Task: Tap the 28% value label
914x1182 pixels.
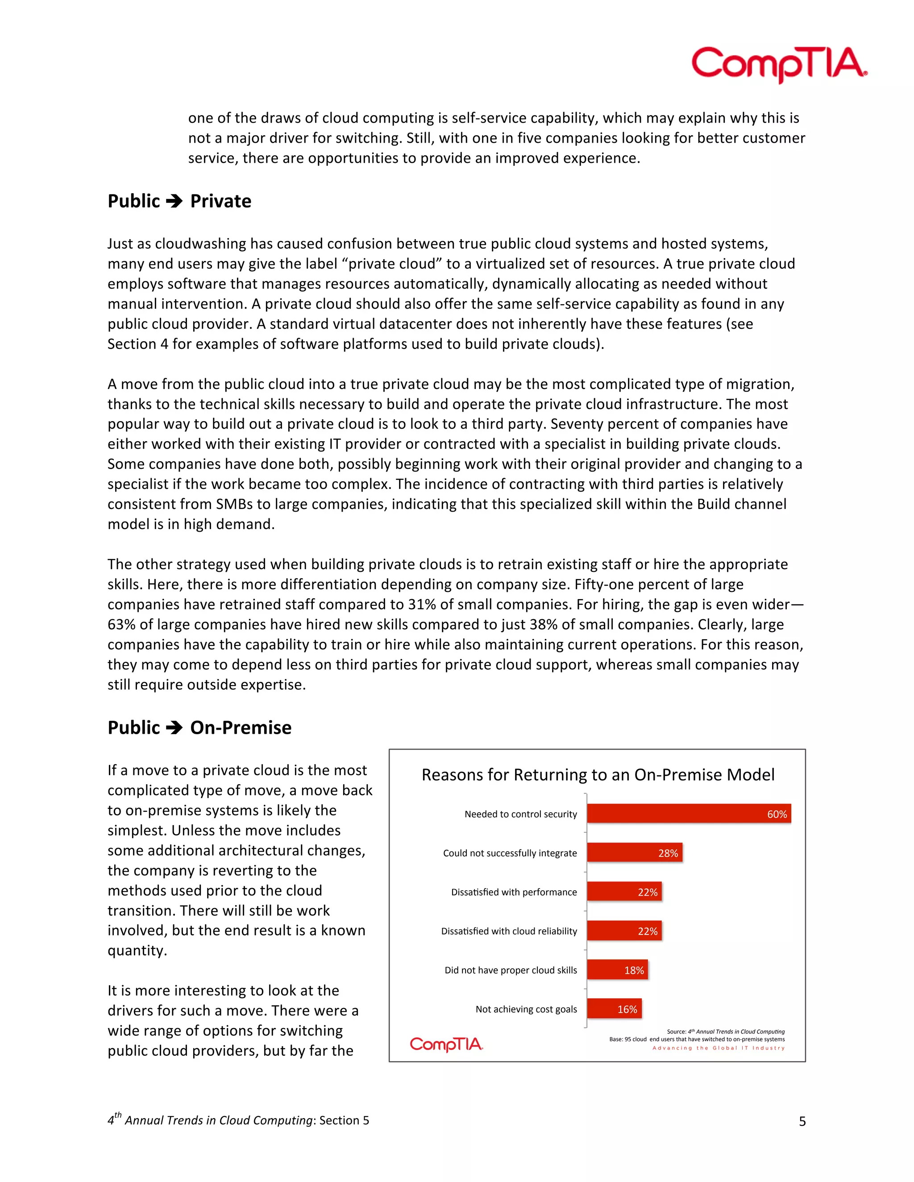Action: pos(668,853)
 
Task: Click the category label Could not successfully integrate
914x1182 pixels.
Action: pos(510,853)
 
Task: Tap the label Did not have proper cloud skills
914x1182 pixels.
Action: pos(511,970)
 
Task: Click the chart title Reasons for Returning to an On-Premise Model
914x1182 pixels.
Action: pos(598,774)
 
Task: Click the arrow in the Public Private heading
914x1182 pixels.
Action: pos(174,201)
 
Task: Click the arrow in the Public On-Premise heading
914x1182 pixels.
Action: pos(174,727)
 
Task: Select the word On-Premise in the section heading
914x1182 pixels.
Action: pos(241,727)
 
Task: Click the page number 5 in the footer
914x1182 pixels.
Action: pos(802,1121)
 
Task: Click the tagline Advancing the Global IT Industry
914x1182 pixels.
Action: pos(718,1048)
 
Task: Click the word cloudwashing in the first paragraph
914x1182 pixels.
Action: pos(200,244)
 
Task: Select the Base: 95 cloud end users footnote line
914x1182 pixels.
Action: pos(696,1039)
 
